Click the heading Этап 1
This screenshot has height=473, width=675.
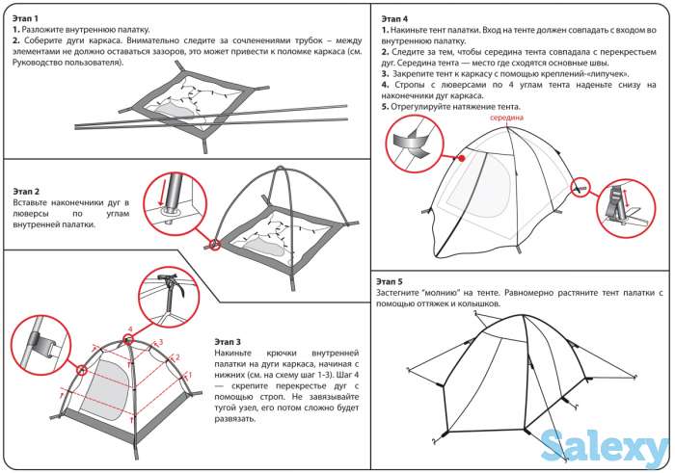[x=25, y=18]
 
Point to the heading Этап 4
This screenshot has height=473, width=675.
[x=393, y=18]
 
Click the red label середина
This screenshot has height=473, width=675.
[x=505, y=118]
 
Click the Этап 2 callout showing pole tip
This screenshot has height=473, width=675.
[x=175, y=200]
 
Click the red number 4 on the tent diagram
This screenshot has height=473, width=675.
[x=128, y=329]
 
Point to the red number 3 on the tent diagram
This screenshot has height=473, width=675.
[x=159, y=342]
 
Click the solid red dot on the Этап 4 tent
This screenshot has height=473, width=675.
[x=461, y=159]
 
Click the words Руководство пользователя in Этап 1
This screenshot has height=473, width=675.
[x=59, y=63]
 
